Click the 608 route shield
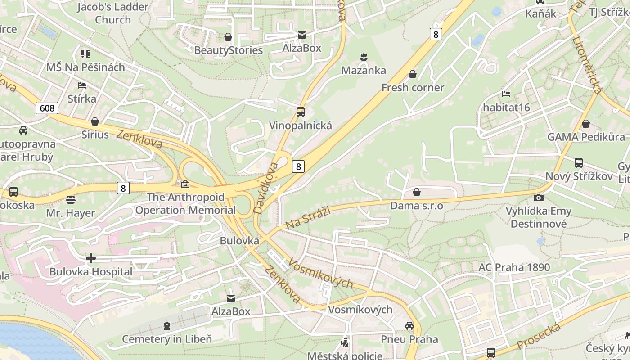pos(47,108)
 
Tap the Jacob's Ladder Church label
pos(113,13)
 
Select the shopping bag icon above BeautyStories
pos(228,37)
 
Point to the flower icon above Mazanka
pos(364,57)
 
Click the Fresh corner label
pos(413,88)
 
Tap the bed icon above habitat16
pos(506,94)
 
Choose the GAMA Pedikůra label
pos(586,137)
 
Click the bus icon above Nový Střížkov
pos(579,162)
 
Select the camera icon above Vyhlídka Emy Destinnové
pos(538,198)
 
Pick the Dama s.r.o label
pos(417,206)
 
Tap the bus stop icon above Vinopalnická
pos(301,112)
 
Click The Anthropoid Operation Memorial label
pos(185,203)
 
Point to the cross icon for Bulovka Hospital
pos(91,258)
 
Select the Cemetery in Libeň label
pos(167,339)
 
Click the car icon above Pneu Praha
pos(409,325)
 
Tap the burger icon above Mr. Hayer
pos(71,199)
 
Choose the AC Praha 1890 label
pos(514,267)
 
